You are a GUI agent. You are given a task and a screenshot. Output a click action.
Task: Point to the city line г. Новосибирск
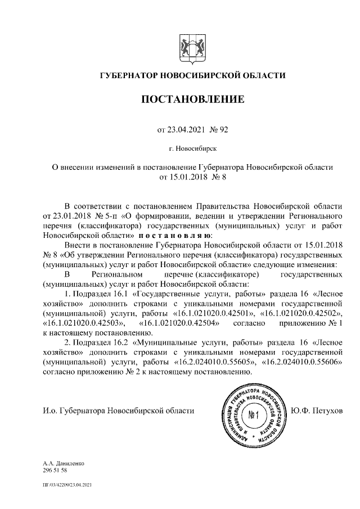pyautogui.click(x=192, y=149)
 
